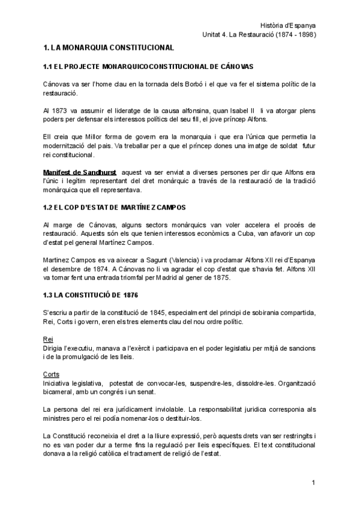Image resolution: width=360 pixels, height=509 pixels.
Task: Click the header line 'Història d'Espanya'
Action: coord(289,25)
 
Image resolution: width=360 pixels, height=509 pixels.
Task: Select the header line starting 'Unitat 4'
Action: coord(259,34)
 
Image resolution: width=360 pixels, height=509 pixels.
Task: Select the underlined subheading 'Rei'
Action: coord(49,339)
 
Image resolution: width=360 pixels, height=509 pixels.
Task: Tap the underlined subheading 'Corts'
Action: coord(53,374)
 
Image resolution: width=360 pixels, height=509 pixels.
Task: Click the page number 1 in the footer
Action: coord(313,483)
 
